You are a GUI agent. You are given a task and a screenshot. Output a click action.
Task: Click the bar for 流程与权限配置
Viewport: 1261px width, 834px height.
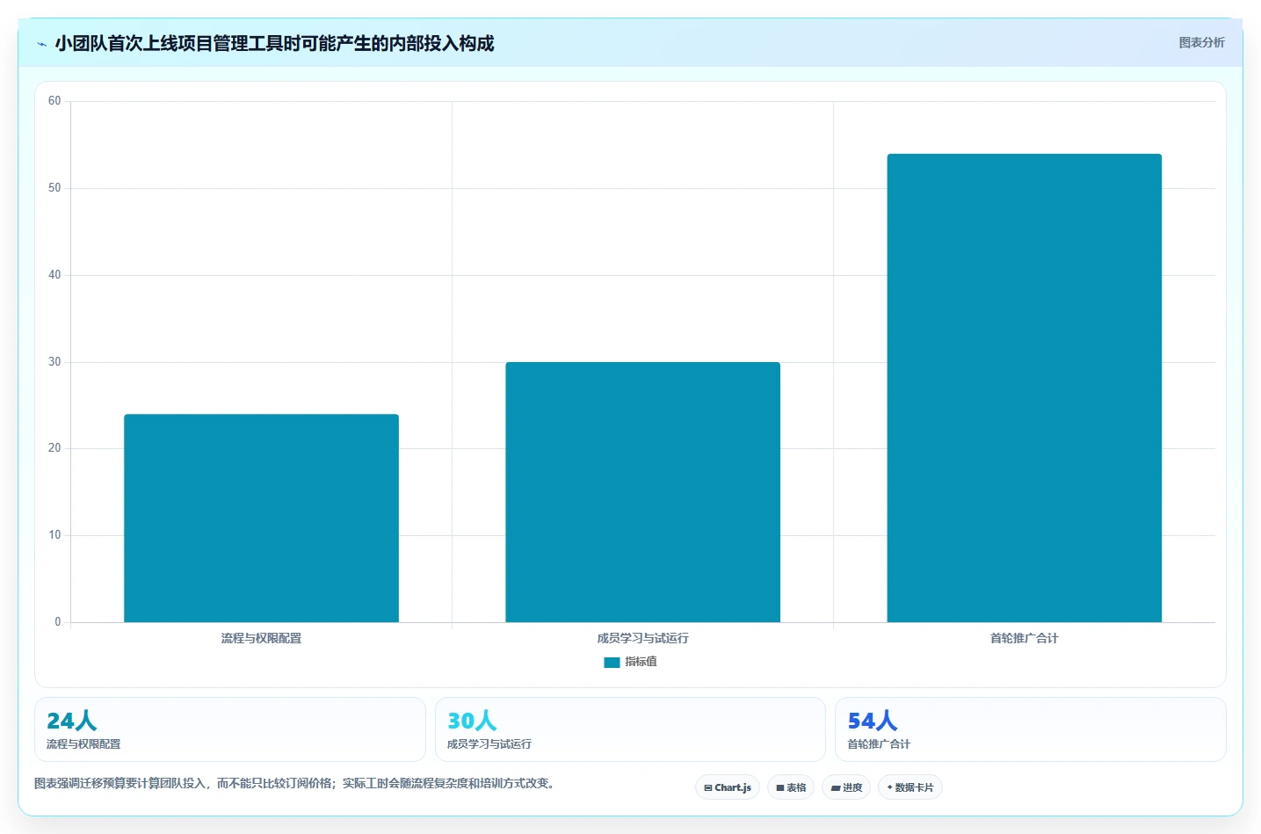click(261, 519)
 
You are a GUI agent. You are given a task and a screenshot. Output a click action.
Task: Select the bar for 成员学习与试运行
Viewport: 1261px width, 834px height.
click(642, 492)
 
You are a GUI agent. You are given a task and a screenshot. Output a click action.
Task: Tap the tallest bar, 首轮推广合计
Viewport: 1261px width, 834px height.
click(1024, 388)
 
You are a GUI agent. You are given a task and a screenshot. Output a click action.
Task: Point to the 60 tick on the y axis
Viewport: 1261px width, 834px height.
click(54, 101)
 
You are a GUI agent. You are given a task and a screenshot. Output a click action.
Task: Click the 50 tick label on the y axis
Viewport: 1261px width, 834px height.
click(54, 187)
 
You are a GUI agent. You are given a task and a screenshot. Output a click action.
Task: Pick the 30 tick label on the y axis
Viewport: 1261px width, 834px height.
click(54, 361)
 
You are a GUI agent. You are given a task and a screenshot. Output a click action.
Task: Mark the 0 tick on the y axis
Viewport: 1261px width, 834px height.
click(57, 621)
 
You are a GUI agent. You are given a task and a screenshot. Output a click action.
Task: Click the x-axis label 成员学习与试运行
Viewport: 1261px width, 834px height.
click(642, 638)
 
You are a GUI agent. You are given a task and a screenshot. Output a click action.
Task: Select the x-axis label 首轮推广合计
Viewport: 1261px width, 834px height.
click(1024, 638)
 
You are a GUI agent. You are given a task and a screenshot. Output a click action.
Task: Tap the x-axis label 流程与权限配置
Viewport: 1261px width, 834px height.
click(261, 638)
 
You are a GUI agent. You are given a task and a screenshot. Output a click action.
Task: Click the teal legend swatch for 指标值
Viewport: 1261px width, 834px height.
click(612, 663)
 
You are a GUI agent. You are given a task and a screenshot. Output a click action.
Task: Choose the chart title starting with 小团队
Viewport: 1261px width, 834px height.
click(274, 43)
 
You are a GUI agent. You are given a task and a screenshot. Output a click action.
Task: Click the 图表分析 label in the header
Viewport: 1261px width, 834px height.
click(1201, 43)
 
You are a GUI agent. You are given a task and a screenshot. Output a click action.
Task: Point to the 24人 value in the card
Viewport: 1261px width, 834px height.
click(71, 721)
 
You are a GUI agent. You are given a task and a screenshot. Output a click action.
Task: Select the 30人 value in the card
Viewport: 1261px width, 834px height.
click(472, 721)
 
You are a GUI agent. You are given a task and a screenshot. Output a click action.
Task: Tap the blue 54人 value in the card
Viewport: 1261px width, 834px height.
click(872, 721)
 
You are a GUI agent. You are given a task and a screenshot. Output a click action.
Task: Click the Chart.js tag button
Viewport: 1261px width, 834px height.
click(728, 787)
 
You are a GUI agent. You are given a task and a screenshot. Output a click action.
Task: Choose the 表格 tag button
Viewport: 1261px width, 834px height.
click(791, 787)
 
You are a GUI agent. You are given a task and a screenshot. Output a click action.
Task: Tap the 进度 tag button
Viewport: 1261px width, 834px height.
click(846, 787)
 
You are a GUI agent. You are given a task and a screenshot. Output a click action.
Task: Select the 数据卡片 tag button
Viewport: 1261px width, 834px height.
click(910, 787)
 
